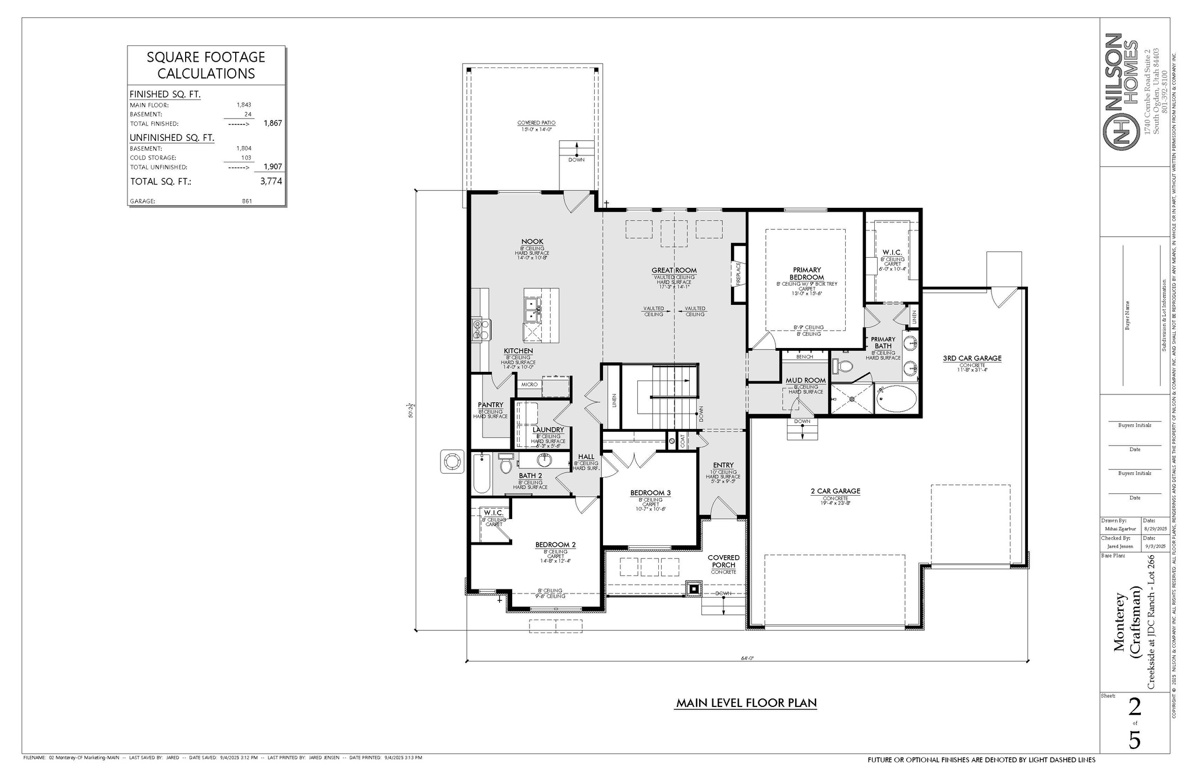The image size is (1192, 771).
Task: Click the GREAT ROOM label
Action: [674, 270]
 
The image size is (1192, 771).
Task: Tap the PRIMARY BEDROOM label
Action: [807, 273]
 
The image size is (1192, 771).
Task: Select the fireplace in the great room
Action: [739, 273]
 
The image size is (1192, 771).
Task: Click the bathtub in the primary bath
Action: [895, 399]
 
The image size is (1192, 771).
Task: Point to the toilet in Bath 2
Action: [505, 466]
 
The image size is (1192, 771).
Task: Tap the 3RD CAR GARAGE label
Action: [972, 358]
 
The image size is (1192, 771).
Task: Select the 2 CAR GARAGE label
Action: [835, 491]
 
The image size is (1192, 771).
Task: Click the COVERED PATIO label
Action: [536, 123]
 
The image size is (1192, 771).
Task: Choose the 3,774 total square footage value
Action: [271, 181]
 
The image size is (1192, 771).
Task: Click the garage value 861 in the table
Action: [246, 201]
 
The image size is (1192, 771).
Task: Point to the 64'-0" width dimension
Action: [747, 658]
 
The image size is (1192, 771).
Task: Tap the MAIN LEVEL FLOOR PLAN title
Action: [746, 703]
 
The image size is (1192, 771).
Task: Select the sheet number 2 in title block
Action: [1134, 708]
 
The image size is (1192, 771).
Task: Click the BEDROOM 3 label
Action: [650, 493]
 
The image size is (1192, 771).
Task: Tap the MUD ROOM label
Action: [806, 380]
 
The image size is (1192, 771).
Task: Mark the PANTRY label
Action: [490, 404]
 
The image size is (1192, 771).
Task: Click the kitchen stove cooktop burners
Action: [477, 330]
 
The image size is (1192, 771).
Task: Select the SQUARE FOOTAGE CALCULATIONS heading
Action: [206, 65]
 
